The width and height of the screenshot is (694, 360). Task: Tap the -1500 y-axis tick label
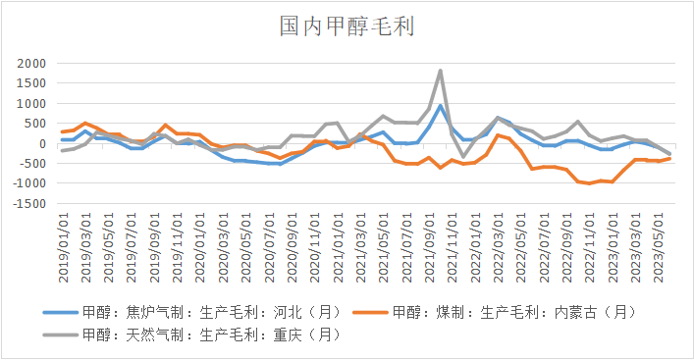tap(28, 204)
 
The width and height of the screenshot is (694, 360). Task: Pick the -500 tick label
tap(31, 164)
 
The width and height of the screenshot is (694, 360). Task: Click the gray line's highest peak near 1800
tap(441, 71)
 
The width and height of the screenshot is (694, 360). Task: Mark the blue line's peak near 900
tap(441, 106)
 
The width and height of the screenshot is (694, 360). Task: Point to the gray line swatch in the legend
tap(61, 335)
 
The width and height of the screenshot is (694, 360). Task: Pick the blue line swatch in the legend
tap(61, 313)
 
